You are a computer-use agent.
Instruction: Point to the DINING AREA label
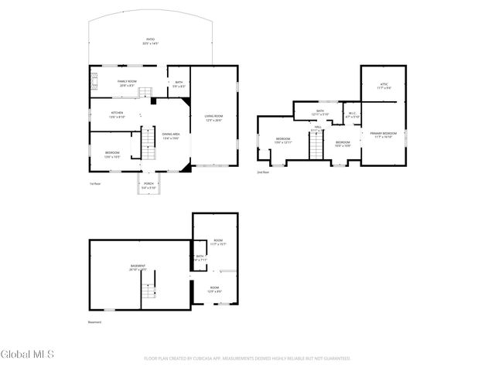pos(171,136)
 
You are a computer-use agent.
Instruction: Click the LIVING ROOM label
pos(213,117)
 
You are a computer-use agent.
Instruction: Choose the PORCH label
pos(148,185)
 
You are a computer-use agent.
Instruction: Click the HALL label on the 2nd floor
pos(318,129)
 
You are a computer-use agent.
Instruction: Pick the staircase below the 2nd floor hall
pos(316,145)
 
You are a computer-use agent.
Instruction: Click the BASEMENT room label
pos(138,267)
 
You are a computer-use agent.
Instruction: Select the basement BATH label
pos(200,258)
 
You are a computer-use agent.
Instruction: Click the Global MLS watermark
pos(28,355)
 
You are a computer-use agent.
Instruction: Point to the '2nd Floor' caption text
pos(264,172)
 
